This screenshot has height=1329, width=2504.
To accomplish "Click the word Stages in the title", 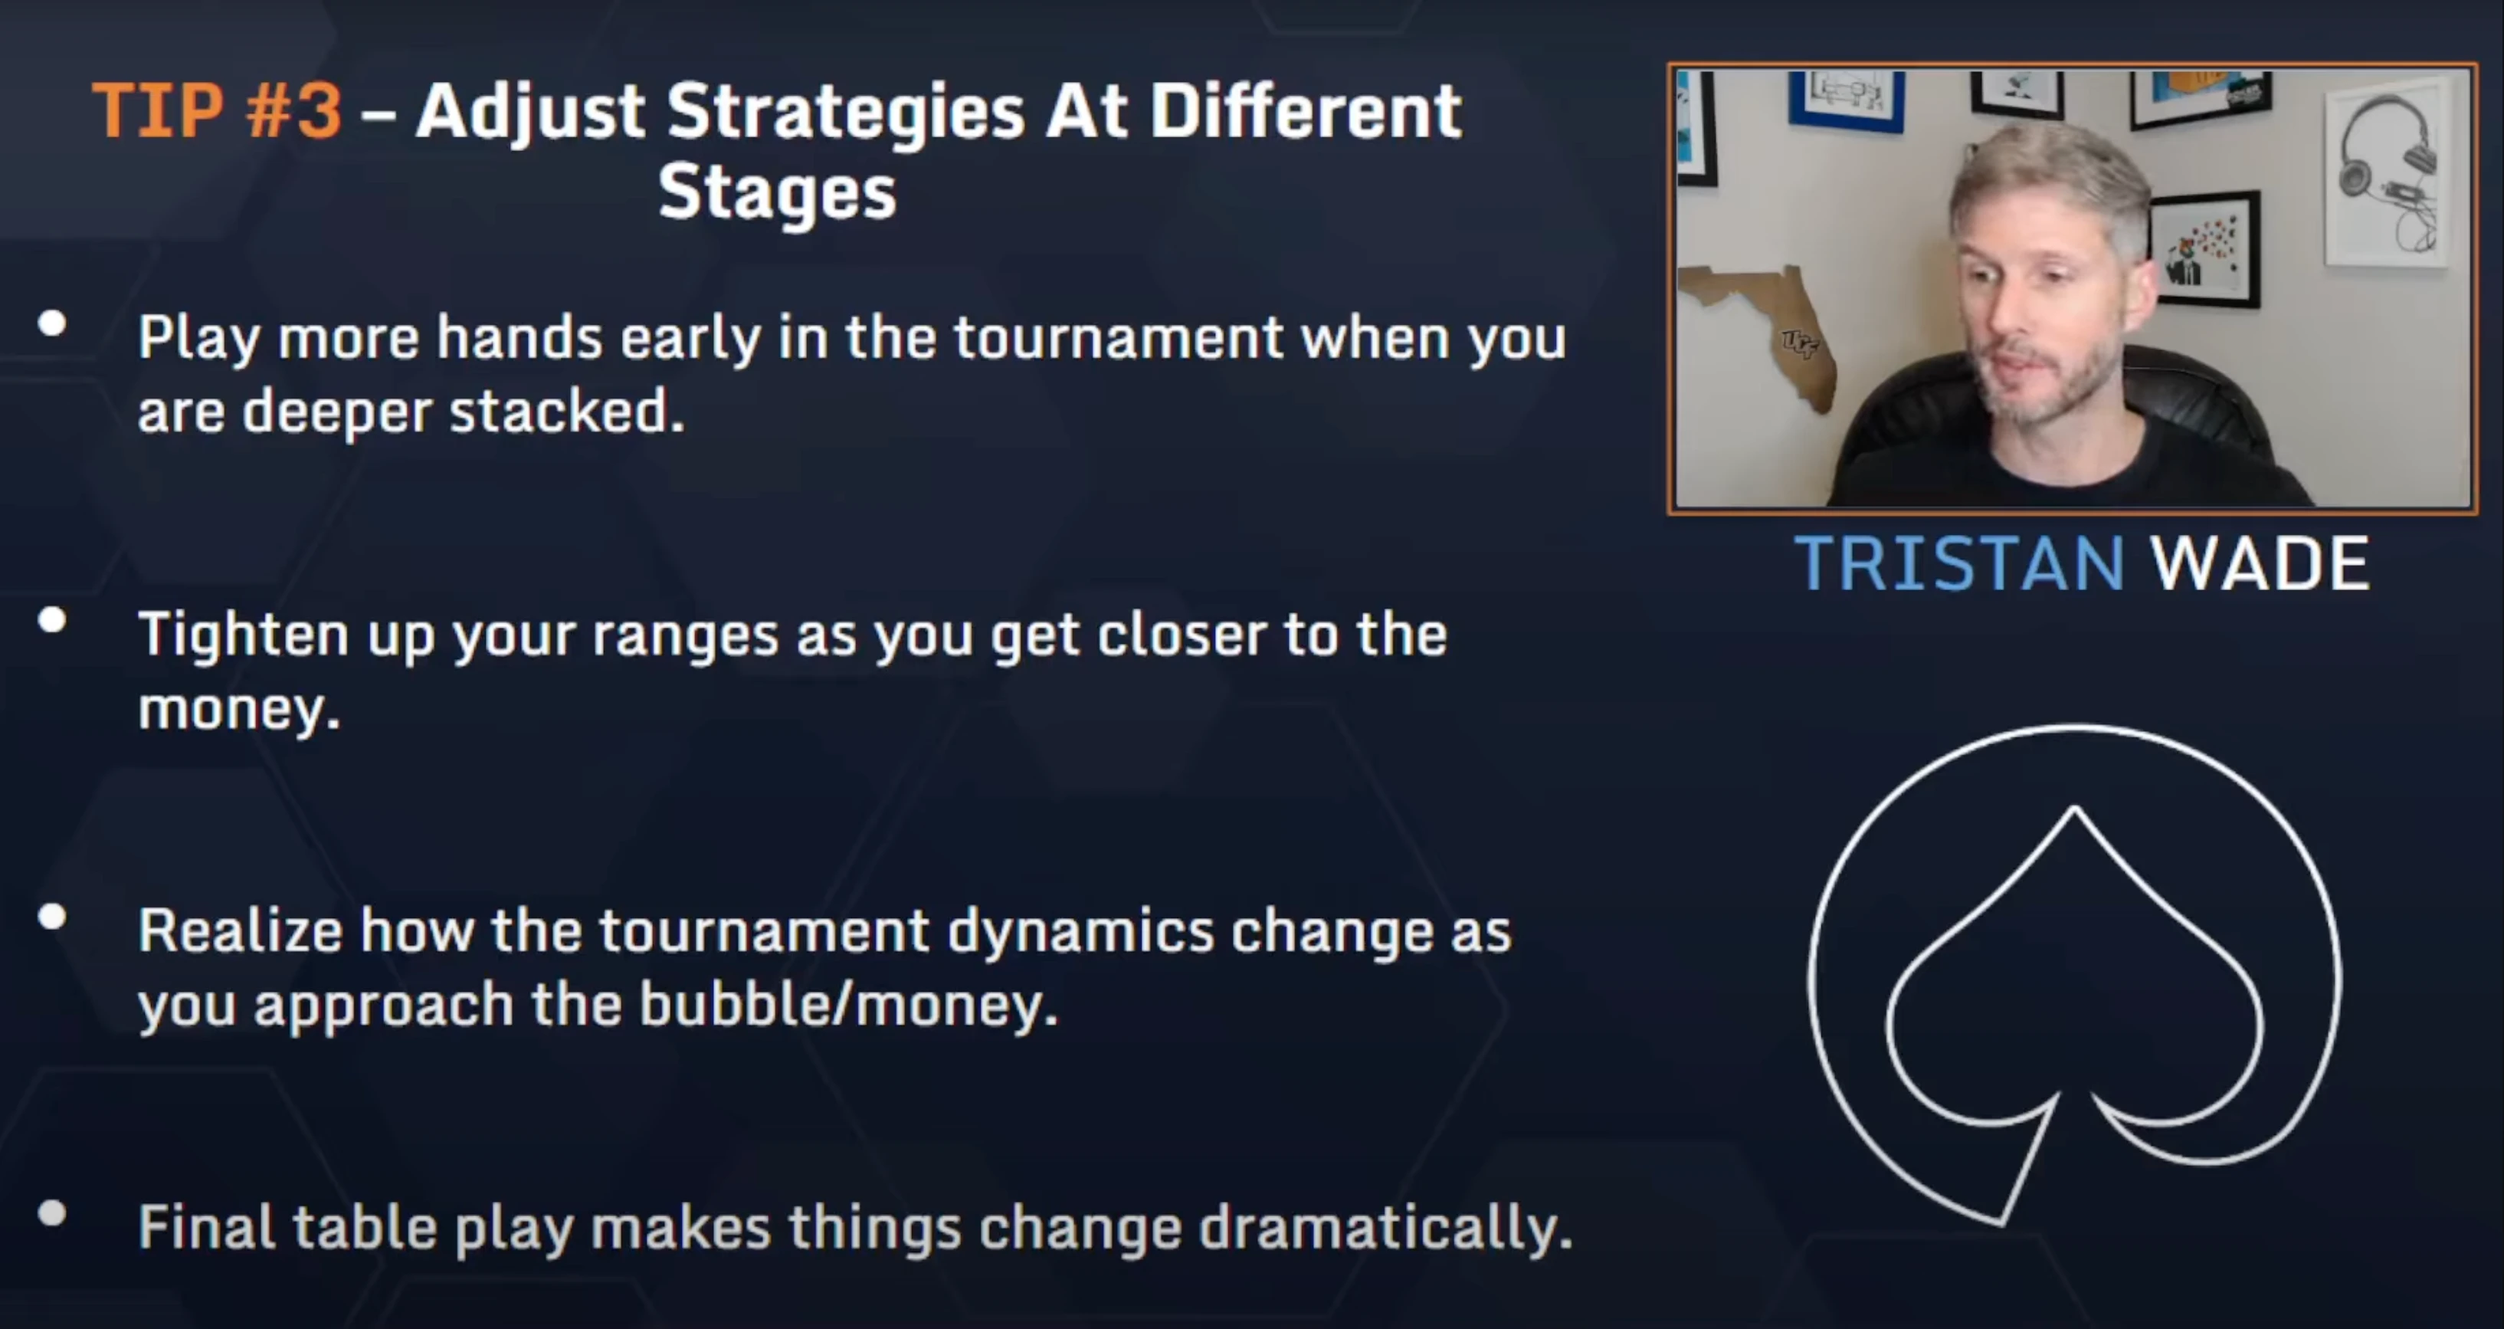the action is (x=777, y=192).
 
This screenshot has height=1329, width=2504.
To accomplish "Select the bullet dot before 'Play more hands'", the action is (x=53, y=323).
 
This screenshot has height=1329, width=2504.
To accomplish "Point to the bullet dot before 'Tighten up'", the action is (x=53, y=619).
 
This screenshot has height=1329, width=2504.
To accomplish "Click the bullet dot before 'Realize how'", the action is (x=53, y=916).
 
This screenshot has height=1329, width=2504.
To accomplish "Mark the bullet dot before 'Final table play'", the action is (x=53, y=1213).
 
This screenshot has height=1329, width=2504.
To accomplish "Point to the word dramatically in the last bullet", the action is (x=1385, y=1228).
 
